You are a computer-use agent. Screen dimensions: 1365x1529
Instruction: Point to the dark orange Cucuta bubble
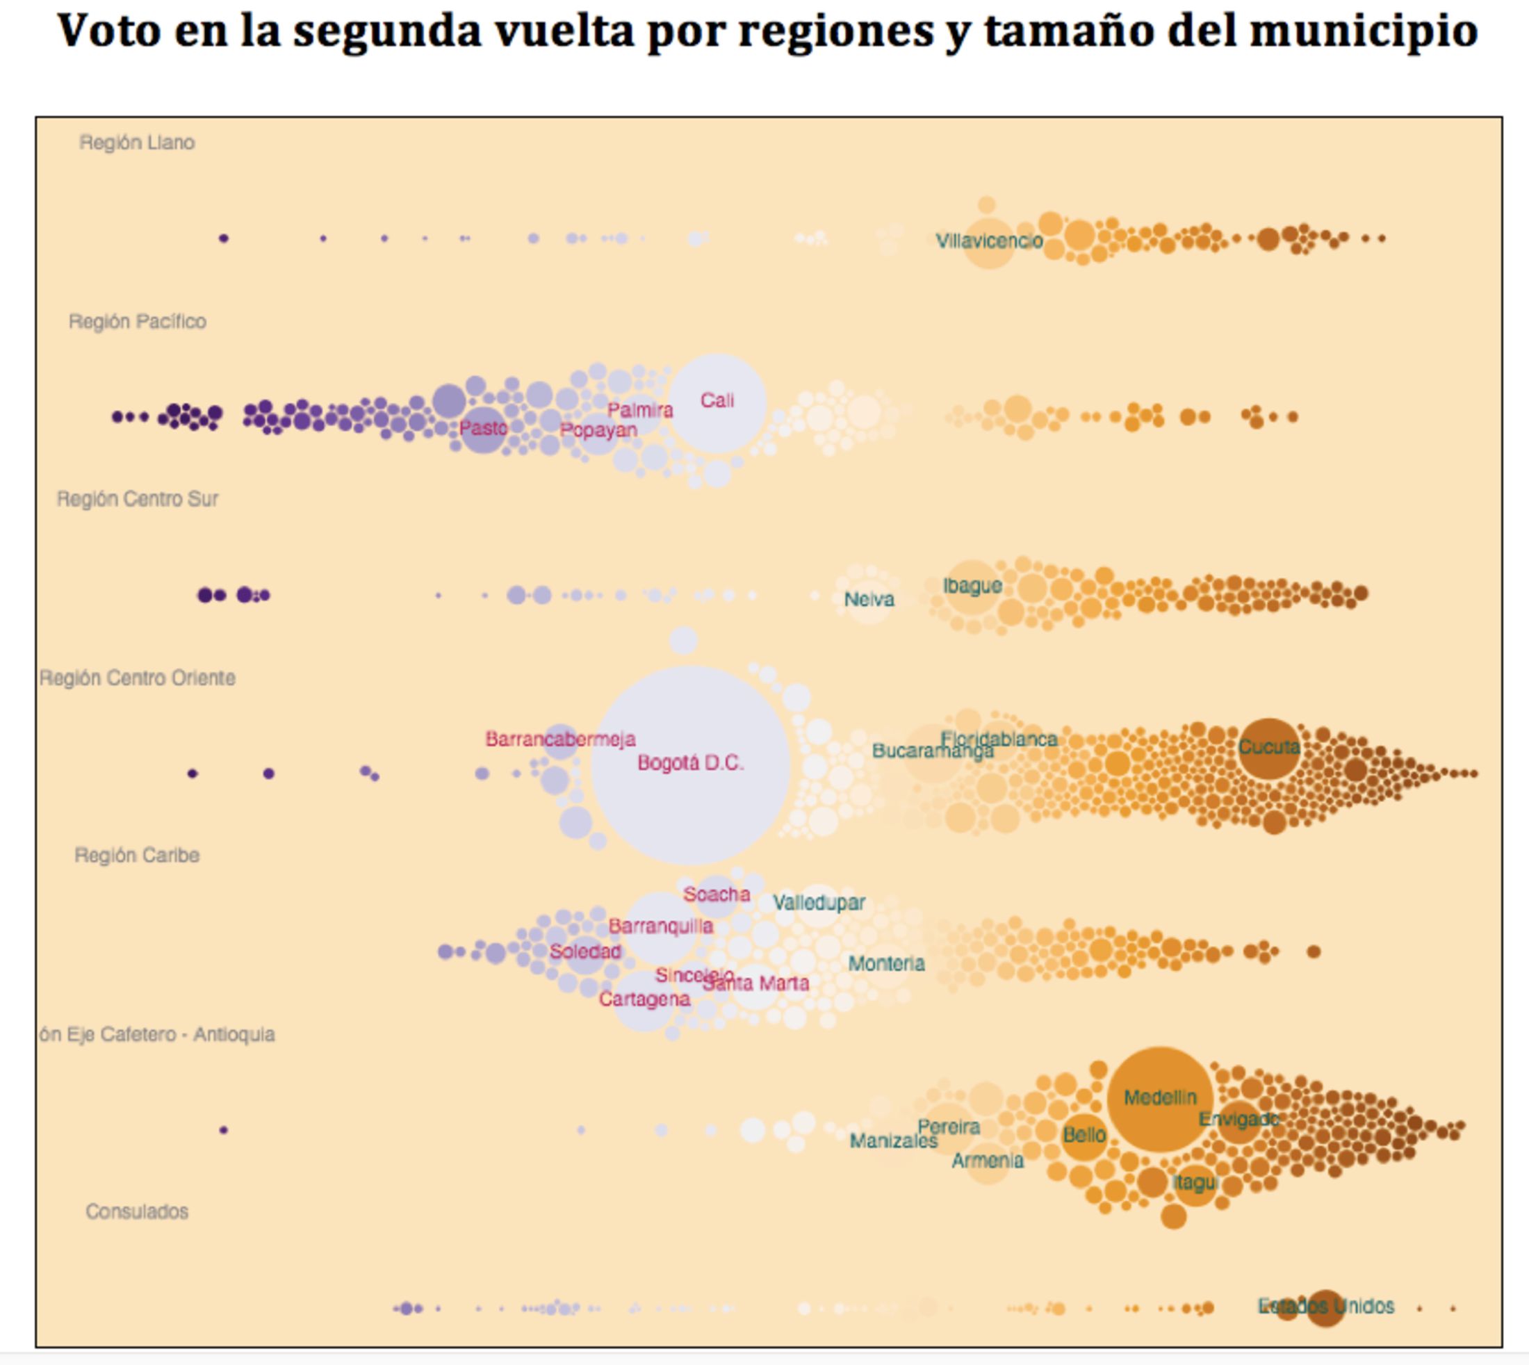click(x=1269, y=748)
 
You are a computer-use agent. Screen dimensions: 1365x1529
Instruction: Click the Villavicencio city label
click(x=989, y=240)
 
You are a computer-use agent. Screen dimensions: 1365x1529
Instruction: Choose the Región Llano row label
click(x=137, y=142)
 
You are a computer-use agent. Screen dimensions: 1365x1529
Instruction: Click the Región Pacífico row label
click(x=137, y=322)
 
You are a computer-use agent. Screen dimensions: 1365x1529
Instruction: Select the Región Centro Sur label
click(x=137, y=499)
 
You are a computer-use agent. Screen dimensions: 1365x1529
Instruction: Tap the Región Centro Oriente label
click(x=137, y=678)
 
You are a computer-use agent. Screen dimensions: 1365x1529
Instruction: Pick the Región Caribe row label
click(x=137, y=856)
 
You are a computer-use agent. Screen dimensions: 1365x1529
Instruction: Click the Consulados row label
click(x=137, y=1211)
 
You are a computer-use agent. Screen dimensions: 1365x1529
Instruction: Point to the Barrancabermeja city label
click(x=560, y=739)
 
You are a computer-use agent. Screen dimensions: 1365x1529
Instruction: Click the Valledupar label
click(x=819, y=902)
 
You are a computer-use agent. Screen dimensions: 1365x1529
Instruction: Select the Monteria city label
click(x=886, y=964)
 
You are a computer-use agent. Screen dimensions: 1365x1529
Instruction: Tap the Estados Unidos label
click(x=1326, y=1306)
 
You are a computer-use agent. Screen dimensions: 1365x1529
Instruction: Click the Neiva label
click(x=869, y=599)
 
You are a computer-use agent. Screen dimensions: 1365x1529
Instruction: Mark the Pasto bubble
click(x=483, y=429)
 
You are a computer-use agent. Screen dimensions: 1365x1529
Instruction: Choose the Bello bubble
click(x=1084, y=1136)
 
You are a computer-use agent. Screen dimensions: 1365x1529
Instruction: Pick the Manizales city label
click(x=893, y=1141)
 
